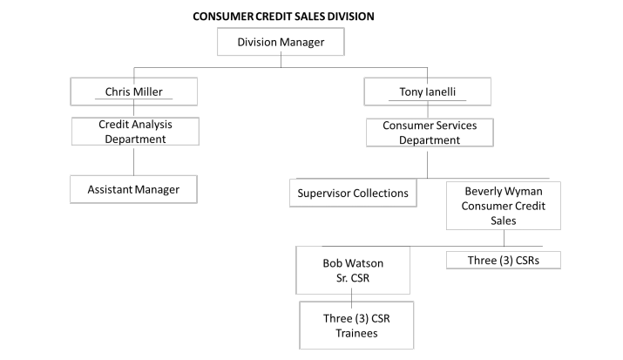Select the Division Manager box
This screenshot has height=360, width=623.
(280, 42)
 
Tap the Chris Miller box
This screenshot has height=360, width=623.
(134, 91)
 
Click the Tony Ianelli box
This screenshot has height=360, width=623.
(428, 91)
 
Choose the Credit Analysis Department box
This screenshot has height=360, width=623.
(134, 132)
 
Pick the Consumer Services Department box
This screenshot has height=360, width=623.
(428, 132)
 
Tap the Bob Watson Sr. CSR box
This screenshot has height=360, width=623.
(352, 268)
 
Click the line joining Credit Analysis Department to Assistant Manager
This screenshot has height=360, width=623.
(134, 160)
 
